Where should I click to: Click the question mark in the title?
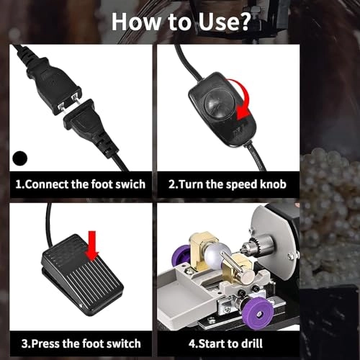pyautogui.click(x=242, y=22)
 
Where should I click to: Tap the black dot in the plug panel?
pyautogui.click(x=20, y=158)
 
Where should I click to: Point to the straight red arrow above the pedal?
pyautogui.click(x=92, y=246)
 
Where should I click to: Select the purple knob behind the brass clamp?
pyautogui.click(x=181, y=258)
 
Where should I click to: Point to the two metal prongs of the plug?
pyautogui.click(x=69, y=104)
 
